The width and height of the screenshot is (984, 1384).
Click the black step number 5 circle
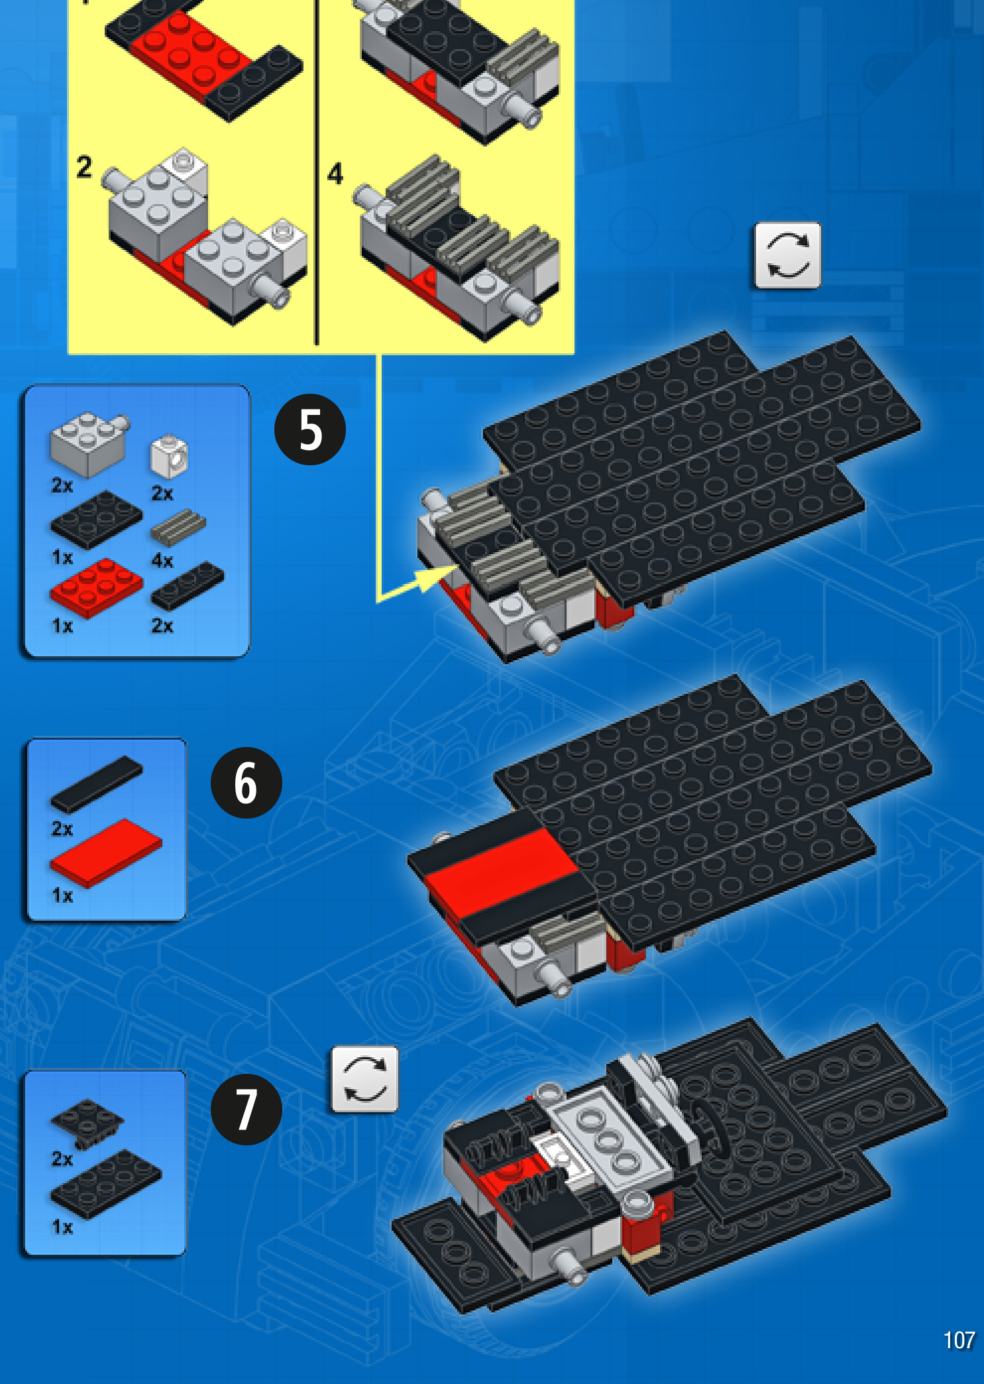point(310,430)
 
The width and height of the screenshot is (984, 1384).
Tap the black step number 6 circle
point(246,783)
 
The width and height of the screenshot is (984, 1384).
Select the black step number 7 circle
point(246,1110)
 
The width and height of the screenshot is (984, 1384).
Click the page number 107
point(959,1340)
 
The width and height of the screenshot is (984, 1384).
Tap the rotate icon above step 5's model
point(787,255)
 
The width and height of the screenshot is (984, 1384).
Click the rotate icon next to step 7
point(364,1079)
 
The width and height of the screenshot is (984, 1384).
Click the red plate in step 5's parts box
point(96,587)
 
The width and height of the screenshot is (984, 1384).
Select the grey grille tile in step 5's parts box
point(178,528)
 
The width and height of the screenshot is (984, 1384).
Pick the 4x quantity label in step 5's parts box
point(162,561)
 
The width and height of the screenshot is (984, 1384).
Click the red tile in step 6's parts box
point(106,852)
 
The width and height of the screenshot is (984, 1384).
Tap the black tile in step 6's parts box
point(97,784)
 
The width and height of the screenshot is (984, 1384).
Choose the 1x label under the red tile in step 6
point(62,895)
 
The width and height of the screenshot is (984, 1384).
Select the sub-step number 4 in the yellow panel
point(335,174)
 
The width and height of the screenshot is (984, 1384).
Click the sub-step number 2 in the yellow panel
point(84,166)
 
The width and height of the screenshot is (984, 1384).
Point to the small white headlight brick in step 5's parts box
point(170,456)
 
